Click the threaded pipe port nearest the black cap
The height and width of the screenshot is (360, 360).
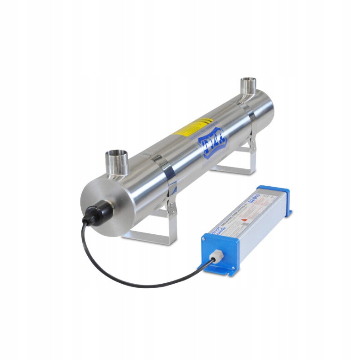coord(117,162)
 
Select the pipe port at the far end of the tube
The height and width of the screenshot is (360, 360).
coord(248,86)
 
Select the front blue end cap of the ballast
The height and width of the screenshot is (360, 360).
coord(220,253)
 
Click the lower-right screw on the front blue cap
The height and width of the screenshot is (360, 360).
coord(233,268)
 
